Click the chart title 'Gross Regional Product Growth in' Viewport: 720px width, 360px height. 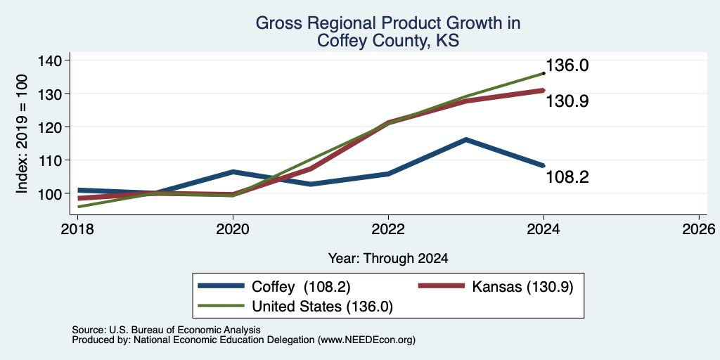(x=388, y=23)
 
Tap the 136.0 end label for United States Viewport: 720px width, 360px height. (x=567, y=65)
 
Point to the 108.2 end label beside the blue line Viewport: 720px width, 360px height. (x=567, y=177)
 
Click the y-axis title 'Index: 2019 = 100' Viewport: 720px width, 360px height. (x=22, y=134)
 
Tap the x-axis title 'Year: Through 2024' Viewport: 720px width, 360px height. (x=388, y=259)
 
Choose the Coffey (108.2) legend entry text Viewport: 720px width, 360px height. (x=301, y=287)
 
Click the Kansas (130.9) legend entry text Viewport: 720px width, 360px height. (x=522, y=287)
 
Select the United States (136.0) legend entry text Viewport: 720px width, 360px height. (x=322, y=307)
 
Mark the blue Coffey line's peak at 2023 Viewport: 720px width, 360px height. (x=466, y=140)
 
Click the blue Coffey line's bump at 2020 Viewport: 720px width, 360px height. (x=233, y=172)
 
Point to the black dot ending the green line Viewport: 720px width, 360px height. (x=544, y=73)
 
